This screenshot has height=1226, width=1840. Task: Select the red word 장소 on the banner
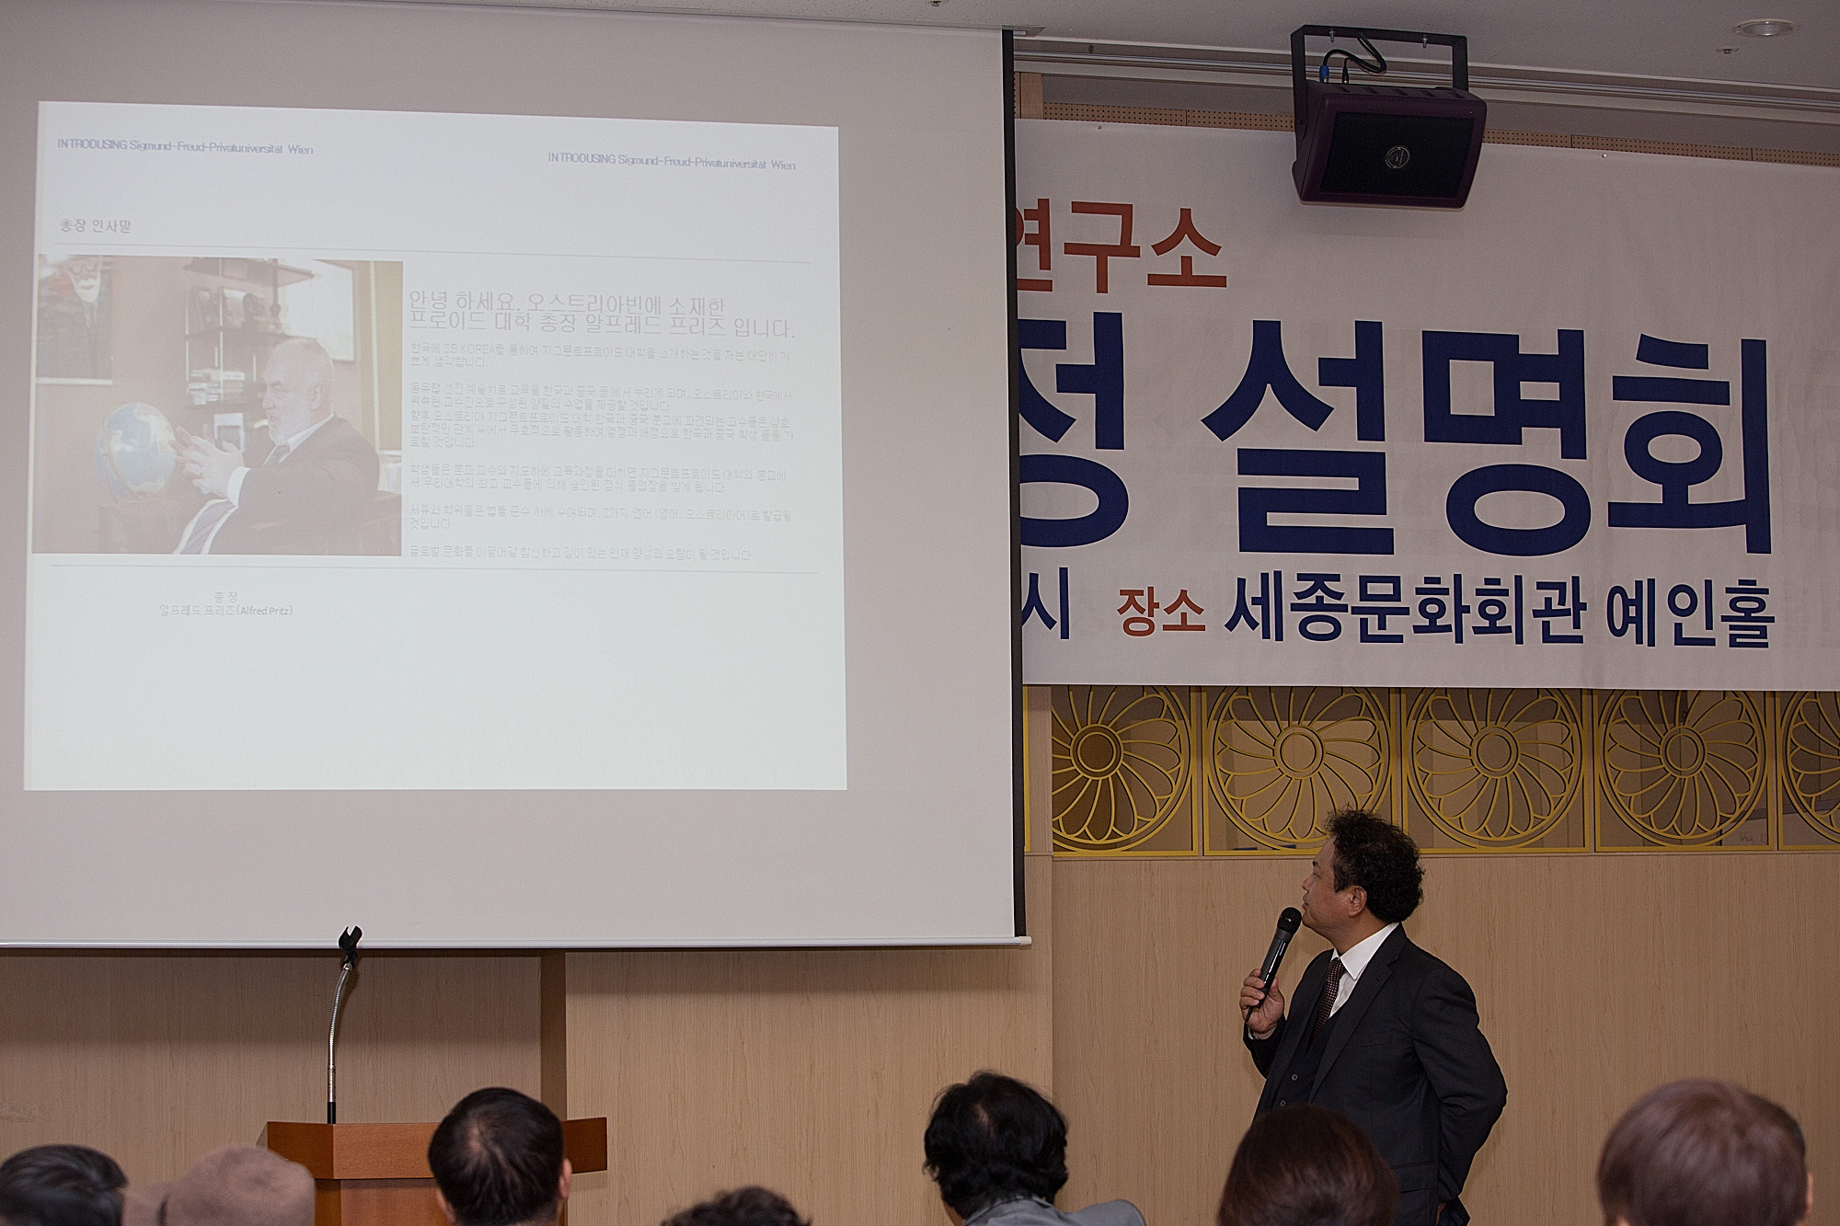pos(1160,613)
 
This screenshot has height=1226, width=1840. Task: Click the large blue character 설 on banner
pos(1306,432)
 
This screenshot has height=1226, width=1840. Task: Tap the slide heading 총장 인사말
pos(95,225)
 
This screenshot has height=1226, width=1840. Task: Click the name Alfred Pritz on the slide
pos(225,611)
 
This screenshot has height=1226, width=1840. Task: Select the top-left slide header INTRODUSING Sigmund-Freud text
pos(184,148)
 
